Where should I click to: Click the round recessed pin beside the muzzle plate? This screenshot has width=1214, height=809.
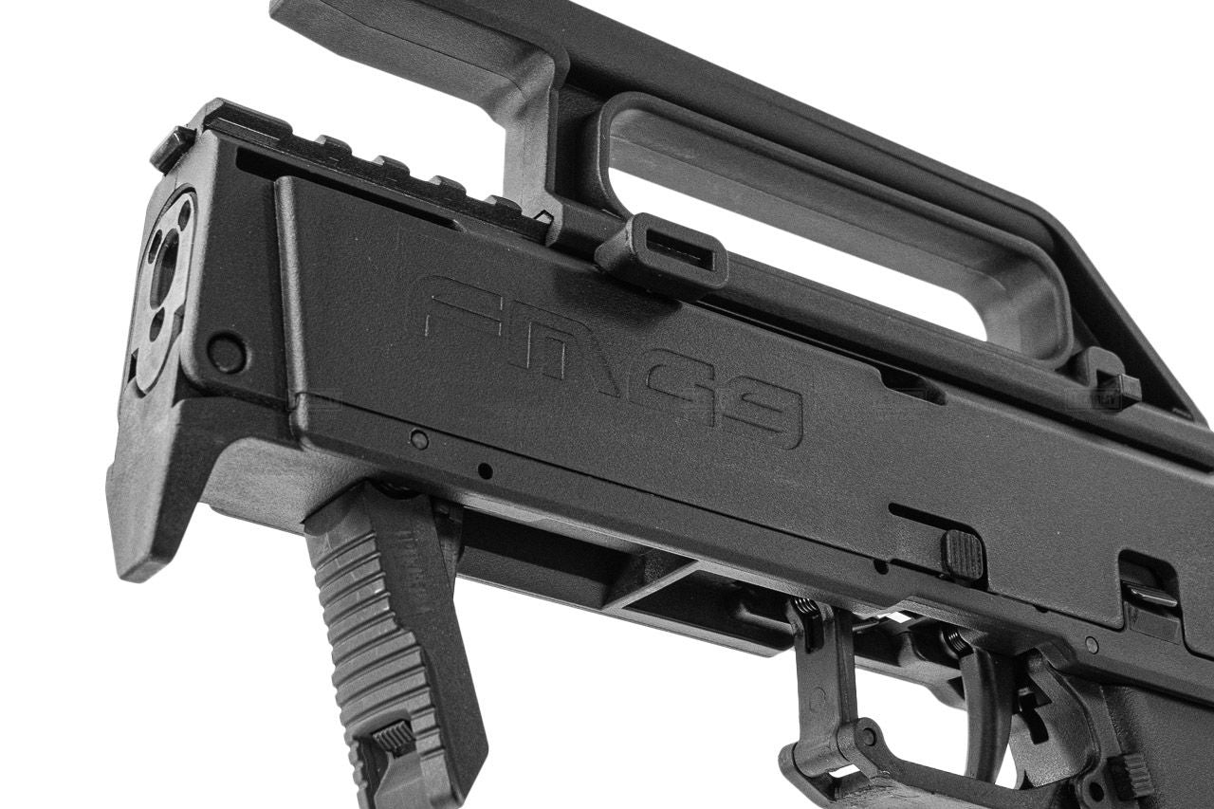pyautogui.click(x=226, y=354)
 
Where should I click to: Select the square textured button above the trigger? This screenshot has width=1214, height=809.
pyautogui.click(x=964, y=554)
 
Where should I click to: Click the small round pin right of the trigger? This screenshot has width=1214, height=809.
pyautogui.click(x=1092, y=644)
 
